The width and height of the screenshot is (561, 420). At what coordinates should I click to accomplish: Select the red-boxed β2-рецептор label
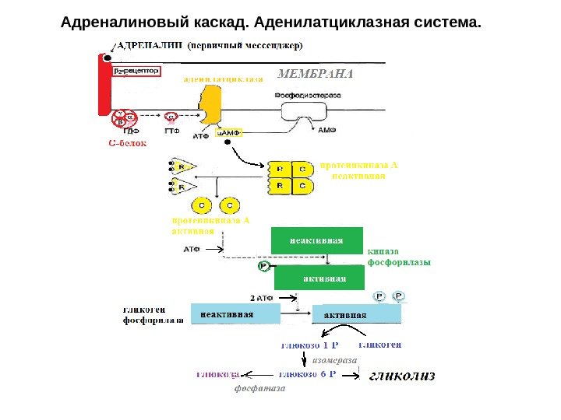136,71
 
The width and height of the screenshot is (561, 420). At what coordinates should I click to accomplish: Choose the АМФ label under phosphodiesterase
327,132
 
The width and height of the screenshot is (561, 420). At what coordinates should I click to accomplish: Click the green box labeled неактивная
317,240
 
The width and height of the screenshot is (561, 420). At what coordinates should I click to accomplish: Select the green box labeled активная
323,278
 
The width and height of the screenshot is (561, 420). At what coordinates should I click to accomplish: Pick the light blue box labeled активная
356,314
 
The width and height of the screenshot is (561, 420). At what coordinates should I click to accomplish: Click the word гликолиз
401,376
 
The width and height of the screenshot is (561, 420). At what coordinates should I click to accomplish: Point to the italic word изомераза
334,360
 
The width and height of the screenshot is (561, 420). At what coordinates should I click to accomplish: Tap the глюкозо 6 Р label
308,374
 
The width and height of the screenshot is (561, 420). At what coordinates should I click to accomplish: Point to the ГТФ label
171,132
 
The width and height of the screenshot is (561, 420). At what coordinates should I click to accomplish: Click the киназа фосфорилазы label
399,257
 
